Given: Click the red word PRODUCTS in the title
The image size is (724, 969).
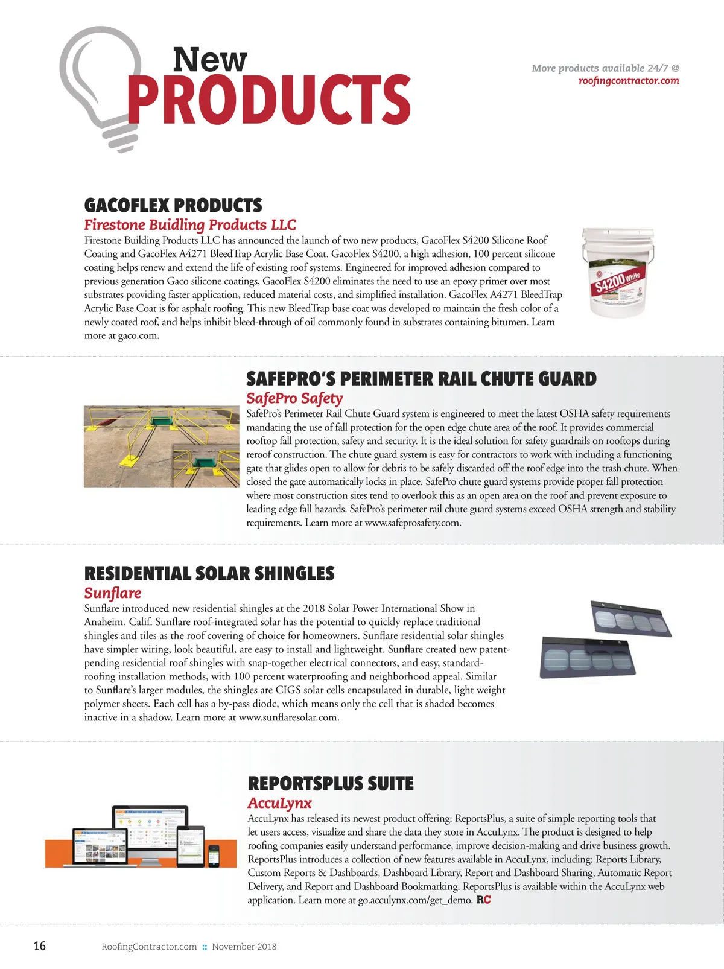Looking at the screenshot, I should (269, 100).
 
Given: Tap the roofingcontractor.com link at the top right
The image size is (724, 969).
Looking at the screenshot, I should (628, 81).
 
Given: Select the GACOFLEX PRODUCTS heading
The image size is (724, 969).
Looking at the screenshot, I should (173, 205).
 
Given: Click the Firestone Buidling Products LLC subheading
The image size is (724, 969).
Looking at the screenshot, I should (190, 225).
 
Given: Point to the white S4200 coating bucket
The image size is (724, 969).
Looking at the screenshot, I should (617, 272).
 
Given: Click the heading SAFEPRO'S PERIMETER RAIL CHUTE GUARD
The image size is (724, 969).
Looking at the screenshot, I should (421, 379).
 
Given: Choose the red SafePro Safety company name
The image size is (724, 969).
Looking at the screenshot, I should (294, 398).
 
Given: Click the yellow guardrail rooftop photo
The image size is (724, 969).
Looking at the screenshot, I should (161, 446).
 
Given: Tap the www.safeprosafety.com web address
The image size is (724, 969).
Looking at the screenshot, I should (412, 523).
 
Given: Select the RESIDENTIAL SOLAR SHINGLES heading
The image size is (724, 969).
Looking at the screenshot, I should (209, 573).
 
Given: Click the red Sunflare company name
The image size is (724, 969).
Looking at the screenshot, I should (113, 593).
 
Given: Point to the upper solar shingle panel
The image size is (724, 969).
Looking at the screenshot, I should (630, 618).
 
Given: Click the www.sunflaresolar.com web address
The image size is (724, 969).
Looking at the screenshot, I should (288, 718).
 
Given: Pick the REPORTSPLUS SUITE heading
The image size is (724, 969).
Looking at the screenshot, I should (331, 784).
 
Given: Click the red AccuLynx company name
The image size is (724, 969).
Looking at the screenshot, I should (279, 804).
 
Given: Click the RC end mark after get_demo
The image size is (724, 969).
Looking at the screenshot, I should (483, 900).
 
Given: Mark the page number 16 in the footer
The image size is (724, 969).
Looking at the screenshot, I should (39, 946).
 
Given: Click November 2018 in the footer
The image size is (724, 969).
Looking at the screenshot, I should (244, 947).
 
